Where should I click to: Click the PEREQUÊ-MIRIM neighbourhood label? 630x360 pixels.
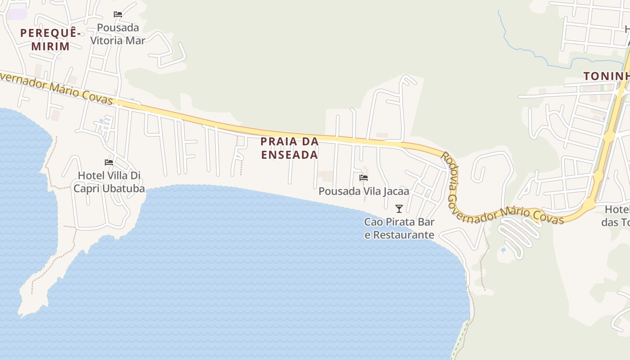point(50,40)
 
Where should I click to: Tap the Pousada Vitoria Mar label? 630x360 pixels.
point(118,34)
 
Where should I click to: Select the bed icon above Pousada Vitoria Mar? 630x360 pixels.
point(118,14)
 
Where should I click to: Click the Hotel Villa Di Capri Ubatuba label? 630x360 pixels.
point(109,182)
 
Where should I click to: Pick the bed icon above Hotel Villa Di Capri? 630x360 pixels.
point(109,162)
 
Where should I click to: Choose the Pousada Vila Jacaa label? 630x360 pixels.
point(364,191)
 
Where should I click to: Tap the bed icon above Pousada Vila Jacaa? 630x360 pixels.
point(364,178)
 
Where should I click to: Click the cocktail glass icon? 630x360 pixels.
point(399,208)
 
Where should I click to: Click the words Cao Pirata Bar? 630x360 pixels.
point(399,222)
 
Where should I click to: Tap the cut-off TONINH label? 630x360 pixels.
point(606,76)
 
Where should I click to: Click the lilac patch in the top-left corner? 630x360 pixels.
point(18,14)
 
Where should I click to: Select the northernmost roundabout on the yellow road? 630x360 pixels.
point(609,136)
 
